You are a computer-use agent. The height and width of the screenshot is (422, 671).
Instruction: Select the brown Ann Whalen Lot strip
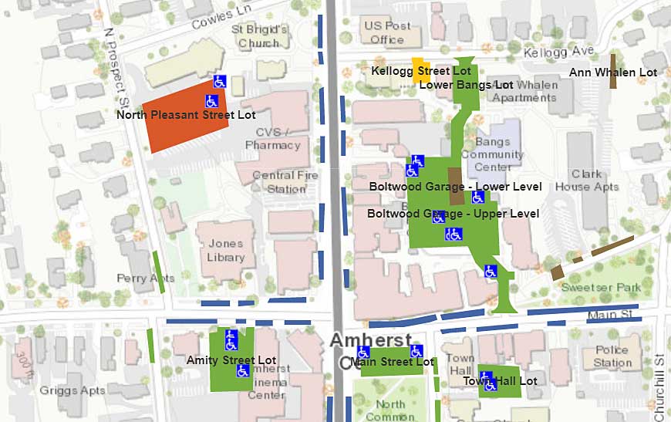coord(613,70)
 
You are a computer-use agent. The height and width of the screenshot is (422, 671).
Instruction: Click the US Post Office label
coord(387,32)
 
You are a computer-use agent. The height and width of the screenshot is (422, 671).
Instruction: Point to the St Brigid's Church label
coord(259,36)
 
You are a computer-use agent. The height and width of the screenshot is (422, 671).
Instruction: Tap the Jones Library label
coord(225,251)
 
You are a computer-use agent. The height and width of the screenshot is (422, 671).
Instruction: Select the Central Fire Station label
coord(285,182)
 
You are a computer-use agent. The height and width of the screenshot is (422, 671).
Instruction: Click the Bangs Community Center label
coord(493,154)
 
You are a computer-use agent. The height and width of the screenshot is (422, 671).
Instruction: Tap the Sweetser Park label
coord(612,287)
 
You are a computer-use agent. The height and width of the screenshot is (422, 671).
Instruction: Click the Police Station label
coord(612,356)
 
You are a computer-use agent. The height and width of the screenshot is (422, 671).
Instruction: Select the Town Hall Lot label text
coord(500,381)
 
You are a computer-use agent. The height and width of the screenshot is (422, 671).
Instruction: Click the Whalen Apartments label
coord(524,91)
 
